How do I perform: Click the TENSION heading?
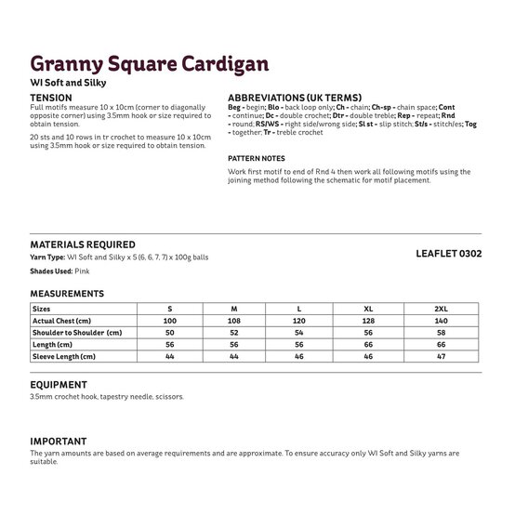pos(51,97)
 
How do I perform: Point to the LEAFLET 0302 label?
pos(449,253)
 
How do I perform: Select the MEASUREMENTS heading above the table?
pos(66,293)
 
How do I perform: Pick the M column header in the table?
pos(233,308)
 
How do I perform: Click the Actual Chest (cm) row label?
pos(65,320)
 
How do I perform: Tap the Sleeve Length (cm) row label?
pos(64,356)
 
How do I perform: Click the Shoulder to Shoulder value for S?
pos(169,332)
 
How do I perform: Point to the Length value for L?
pos(298,344)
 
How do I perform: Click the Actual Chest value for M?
pos(233,320)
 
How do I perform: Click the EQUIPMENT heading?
pos(59,384)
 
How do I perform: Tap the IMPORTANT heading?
pos(59,441)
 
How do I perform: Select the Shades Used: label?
pos(52,271)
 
